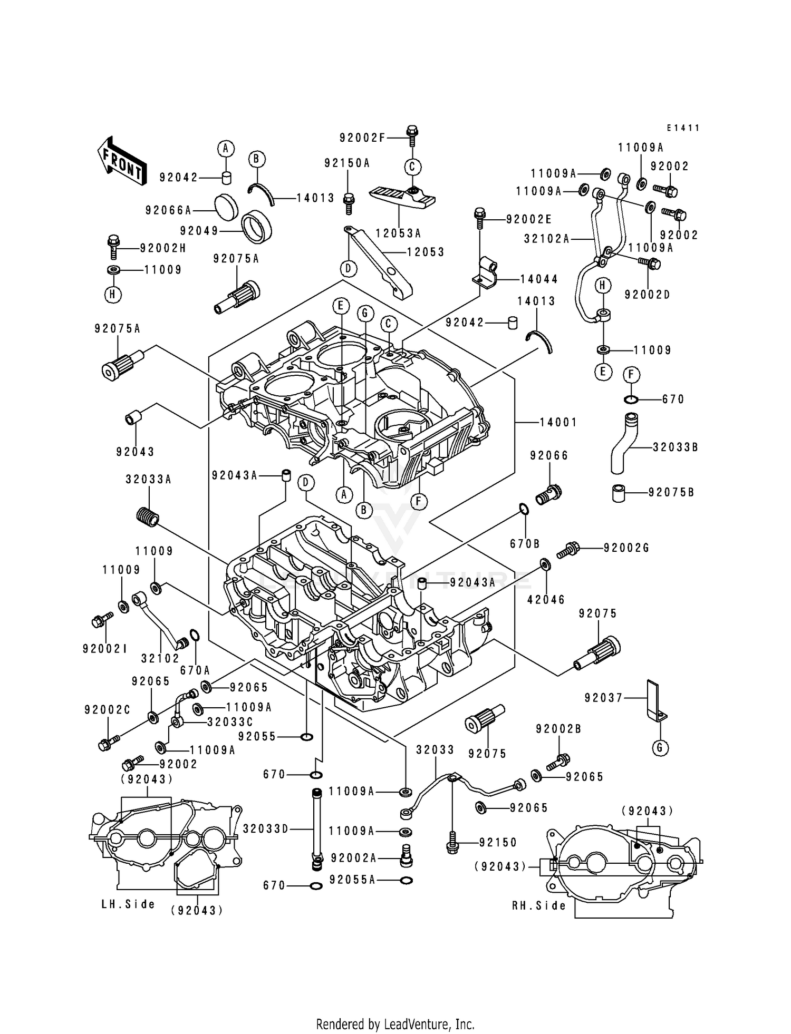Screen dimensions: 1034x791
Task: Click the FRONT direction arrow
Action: click(x=121, y=161)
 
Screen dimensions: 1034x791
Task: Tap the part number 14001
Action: click(x=558, y=422)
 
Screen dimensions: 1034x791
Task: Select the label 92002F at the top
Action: click(x=362, y=138)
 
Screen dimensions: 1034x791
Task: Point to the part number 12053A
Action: click(x=398, y=233)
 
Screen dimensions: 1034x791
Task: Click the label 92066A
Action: click(x=168, y=210)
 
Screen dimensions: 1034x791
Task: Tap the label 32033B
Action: click(x=675, y=447)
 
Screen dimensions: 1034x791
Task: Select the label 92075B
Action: click(x=671, y=492)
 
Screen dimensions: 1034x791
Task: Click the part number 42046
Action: click(x=546, y=599)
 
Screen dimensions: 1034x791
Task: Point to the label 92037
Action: click(x=604, y=698)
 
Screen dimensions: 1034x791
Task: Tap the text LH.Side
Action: click(x=128, y=904)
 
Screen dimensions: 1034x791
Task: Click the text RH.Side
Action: click(x=539, y=905)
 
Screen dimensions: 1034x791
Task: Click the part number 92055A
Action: click(x=352, y=880)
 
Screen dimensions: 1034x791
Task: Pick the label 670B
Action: click(x=525, y=543)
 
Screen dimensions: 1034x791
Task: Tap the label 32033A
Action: click(x=148, y=480)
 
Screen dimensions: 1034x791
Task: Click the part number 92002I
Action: click(x=104, y=649)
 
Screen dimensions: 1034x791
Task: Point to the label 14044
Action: click(x=538, y=279)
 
